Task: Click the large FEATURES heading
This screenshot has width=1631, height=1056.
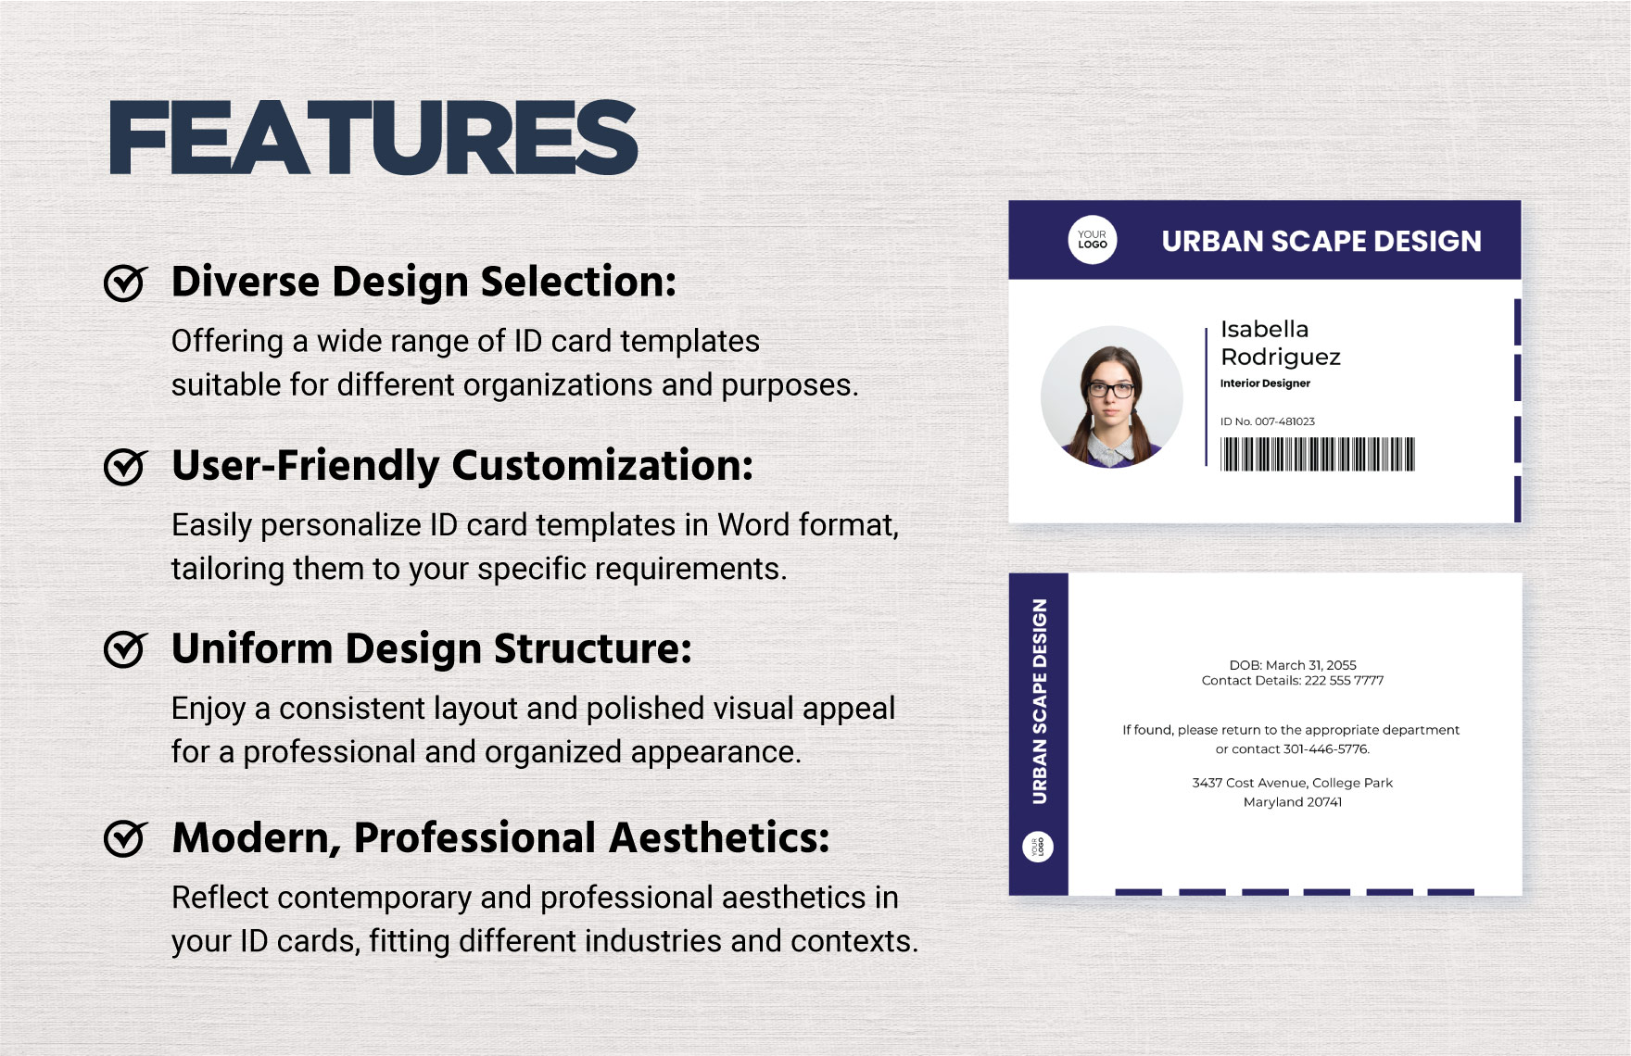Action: pyautogui.click(x=373, y=138)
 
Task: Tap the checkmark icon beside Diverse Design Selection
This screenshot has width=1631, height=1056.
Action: pyautogui.click(x=125, y=283)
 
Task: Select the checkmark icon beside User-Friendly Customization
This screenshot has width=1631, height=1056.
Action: pyautogui.click(x=125, y=466)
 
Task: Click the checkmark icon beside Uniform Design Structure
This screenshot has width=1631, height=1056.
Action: pyautogui.click(x=125, y=648)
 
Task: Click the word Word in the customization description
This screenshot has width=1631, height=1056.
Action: pyautogui.click(x=753, y=525)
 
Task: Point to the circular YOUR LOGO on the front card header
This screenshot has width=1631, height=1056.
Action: pyautogui.click(x=1093, y=240)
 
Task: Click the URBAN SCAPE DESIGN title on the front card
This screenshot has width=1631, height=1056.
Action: pyautogui.click(x=1321, y=242)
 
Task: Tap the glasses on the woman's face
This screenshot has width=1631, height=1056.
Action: pyautogui.click(x=1110, y=390)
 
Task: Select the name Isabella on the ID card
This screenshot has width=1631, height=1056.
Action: pyautogui.click(x=1264, y=329)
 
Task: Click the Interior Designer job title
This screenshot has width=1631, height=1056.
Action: pyautogui.click(x=1265, y=383)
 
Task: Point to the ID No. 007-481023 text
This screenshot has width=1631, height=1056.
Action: pyautogui.click(x=1268, y=421)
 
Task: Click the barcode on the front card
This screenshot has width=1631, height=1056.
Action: pyautogui.click(x=1318, y=454)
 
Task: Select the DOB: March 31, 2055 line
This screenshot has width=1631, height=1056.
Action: pyautogui.click(x=1293, y=665)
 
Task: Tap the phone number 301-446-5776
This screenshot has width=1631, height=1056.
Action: pyautogui.click(x=1325, y=749)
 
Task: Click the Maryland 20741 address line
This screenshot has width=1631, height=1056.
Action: pyautogui.click(x=1293, y=802)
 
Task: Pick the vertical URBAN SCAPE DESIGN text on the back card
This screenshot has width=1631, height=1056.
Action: pyautogui.click(x=1040, y=701)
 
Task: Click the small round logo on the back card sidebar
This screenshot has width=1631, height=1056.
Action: pyautogui.click(x=1038, y=847)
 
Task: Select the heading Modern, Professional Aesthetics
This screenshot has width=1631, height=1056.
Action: pyautogui.click(x=500, y=838)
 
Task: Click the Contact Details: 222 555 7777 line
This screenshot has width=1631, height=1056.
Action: pyautogui.click(x=1293, y=681)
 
